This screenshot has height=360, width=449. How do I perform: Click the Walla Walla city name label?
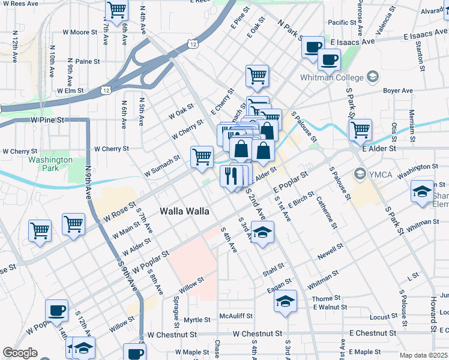(184, 212)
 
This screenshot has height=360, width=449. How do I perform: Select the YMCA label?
(379, 175)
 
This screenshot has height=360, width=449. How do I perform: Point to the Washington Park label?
(50, 164)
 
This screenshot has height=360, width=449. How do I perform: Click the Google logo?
(20, 353)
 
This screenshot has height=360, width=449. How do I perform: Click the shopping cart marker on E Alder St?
(360, 128)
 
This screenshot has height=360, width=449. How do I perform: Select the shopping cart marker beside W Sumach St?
(202, 157)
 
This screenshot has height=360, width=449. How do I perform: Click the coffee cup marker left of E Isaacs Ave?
(312, 47)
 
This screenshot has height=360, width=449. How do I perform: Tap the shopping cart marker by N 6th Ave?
(116, 10)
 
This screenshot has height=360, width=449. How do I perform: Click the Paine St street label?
(88, 61)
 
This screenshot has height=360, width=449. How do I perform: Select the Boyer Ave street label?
(398, 91)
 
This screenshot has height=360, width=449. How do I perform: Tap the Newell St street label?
(330, 251)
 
